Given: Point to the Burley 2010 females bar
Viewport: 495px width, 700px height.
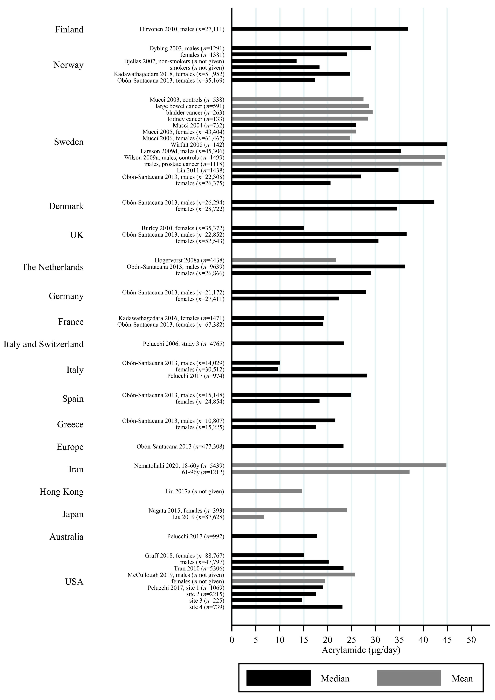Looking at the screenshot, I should tap(268, 228).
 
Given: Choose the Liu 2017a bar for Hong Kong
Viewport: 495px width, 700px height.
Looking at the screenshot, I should tap(267, 491).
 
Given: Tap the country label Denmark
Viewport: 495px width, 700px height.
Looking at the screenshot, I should tap(66, 206).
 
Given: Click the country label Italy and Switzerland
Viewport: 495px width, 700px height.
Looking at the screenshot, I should tap(44, 344).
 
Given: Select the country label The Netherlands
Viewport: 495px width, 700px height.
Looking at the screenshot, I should tap(52, 267).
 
